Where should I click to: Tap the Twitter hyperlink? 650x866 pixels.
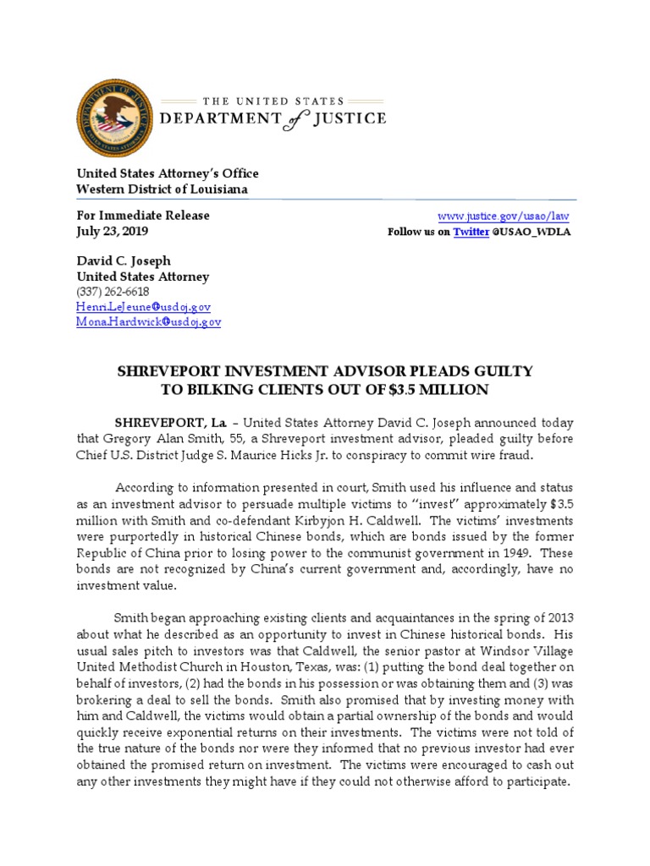pyautogui.click(x=471, y=232)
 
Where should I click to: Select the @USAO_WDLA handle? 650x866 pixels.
pyautogui.click(x=532, y=232)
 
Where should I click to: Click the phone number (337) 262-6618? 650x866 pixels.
pyautogui.click(x=113, y=292)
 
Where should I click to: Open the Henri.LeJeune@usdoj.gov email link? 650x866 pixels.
pyautogui.click(x=144, y=307)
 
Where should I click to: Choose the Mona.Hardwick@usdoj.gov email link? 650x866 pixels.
pyautogui.click(x=149, y=322)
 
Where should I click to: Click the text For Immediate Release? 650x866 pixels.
pyautogui.click(x=143, y=216)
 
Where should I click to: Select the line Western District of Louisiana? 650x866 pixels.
pyautogui.click(x=162, y=189)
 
